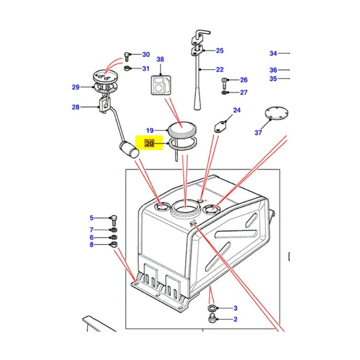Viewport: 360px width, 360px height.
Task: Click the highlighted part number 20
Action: tap(149, 144)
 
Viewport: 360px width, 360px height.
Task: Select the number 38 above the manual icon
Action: tap(160, 59)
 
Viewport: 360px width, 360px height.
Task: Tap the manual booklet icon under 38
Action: tap(161, 85)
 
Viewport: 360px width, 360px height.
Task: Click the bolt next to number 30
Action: tap(127, 56)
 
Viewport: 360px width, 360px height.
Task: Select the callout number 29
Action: tap(76, 87)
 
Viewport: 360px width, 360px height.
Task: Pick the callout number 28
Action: tap(76, 107)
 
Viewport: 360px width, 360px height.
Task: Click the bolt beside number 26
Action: tap(225, 82)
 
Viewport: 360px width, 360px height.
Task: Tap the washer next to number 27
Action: tap(225, 93)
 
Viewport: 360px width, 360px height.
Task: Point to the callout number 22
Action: tap(219, 70)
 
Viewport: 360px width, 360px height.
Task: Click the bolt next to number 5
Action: tap(113, 219)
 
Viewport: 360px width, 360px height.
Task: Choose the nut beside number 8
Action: tap(114, 245)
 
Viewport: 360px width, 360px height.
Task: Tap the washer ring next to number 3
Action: tap(211, 308)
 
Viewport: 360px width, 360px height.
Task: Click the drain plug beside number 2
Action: tap(211, 319)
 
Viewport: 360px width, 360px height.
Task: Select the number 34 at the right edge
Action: tap(273, 54)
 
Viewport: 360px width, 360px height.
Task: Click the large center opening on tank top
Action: tap(185, 208)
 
